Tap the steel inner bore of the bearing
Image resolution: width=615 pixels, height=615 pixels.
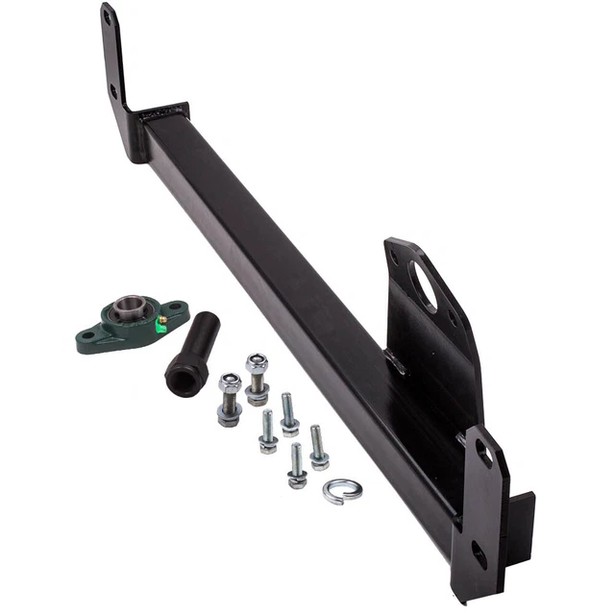tap(128, 309)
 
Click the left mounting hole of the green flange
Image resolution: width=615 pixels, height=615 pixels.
tap(89, 336)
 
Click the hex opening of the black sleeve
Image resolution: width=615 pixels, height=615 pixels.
tap(181, 381)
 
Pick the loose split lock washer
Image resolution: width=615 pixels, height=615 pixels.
tap(342, 491)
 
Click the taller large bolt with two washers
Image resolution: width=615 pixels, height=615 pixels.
tap(257, 379)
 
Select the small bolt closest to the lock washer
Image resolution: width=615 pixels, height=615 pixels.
tap(318, 448)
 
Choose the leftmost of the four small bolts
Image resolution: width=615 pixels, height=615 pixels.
tap(268, 431)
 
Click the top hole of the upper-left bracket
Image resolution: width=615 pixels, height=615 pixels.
tap(108, 17)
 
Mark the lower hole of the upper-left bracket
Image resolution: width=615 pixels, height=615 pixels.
tap(114, 93)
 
